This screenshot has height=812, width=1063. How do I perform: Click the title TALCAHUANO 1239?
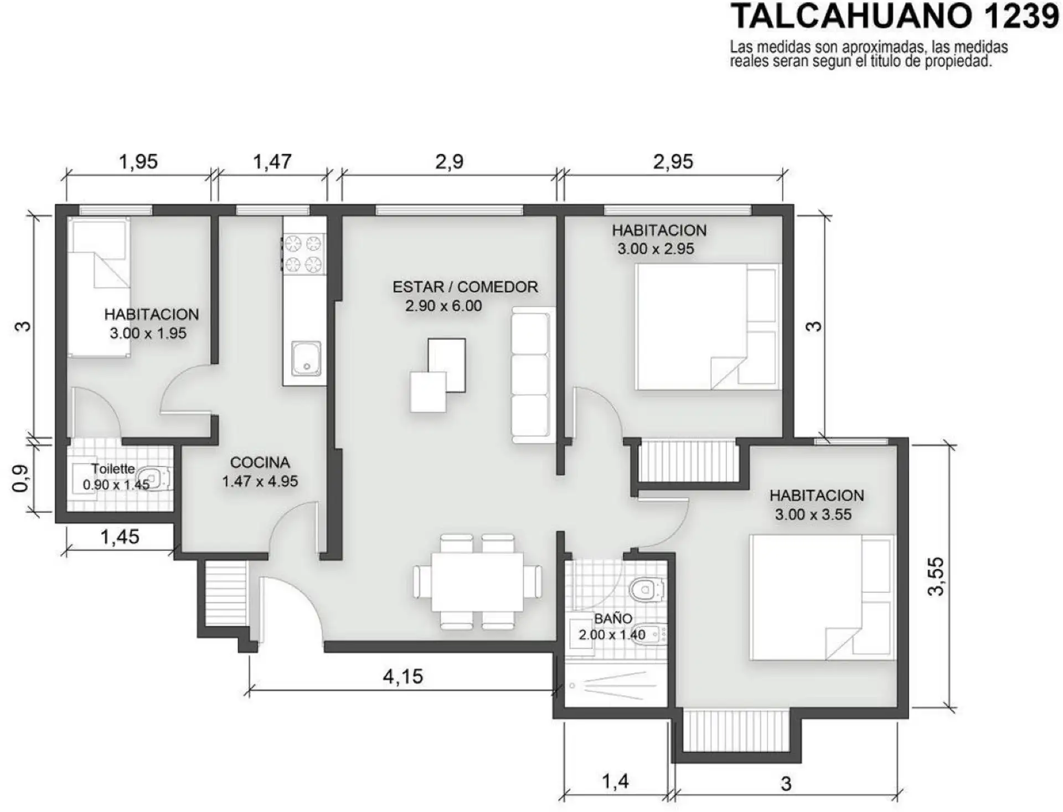click(895, 17)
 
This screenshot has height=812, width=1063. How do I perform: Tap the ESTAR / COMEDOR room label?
click(465, 287)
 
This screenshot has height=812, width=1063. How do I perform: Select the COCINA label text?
click(260, 462)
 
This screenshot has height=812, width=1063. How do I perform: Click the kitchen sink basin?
click(306, 358)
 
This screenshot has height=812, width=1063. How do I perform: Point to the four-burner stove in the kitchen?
click(304, 253)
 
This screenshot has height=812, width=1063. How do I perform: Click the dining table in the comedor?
click(477, 581)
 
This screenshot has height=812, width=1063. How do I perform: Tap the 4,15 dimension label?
click(403, 676)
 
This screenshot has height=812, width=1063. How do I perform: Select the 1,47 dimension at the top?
click(272, 162)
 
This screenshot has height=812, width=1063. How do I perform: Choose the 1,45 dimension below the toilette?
click(120, 537)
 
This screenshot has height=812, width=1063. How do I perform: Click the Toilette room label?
click(113, 469)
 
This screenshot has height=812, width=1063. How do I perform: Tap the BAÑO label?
click(613, 618)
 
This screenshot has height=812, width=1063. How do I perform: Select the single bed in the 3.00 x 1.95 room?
click(99, 287)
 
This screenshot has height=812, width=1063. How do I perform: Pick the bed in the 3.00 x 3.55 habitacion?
click(822, 597)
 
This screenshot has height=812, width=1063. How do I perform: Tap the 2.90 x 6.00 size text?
click(443, 306)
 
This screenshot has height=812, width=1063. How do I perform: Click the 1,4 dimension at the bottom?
click(615, 781)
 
